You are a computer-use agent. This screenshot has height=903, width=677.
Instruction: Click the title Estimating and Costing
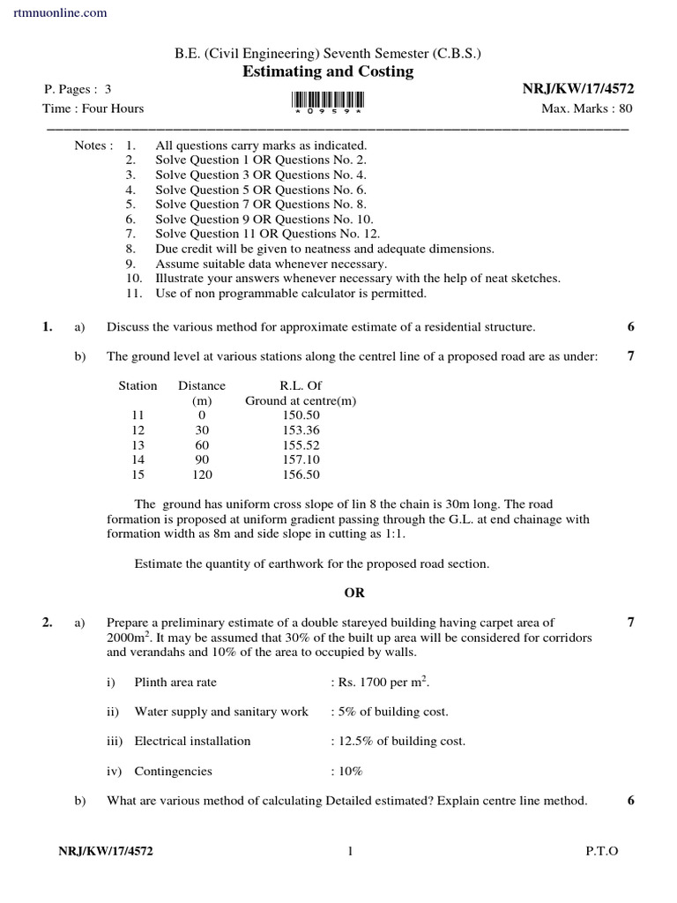328,71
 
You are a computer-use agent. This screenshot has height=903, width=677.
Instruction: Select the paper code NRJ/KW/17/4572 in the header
578,89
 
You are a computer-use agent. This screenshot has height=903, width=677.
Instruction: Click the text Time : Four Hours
93,108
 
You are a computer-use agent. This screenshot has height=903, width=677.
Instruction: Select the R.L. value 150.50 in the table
301,414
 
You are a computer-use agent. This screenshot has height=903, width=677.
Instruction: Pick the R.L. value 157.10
301,459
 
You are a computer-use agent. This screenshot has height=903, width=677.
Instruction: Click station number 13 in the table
137,444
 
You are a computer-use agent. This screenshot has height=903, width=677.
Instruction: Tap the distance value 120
202,474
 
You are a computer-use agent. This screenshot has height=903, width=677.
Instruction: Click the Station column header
138,385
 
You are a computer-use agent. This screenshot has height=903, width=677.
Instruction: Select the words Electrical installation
192,741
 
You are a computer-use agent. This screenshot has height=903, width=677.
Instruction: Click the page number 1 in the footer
350,851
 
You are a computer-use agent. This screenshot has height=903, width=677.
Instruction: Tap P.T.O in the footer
602,851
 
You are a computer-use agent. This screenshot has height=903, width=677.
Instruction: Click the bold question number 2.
48,623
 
